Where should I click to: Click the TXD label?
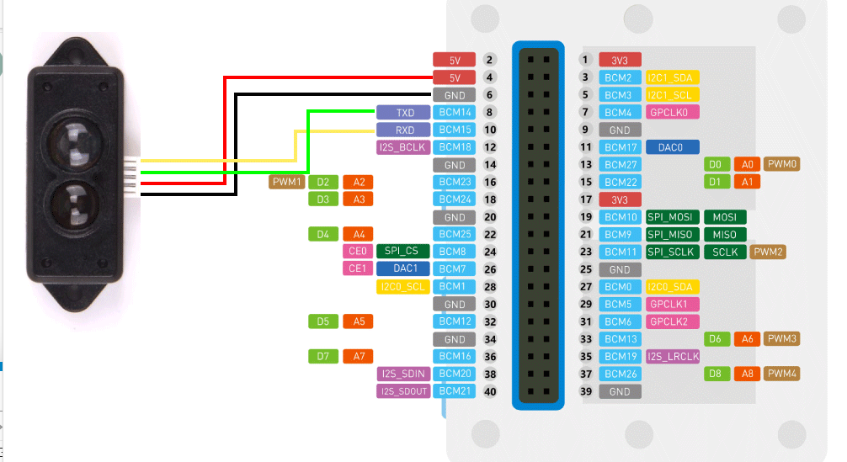pos(405,112)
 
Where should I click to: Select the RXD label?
pos(405,130)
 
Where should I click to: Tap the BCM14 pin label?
pos(455,112)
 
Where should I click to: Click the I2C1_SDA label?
pos(669,77)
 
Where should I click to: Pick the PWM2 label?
pos(769,252)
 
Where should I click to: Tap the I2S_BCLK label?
pos(402,147)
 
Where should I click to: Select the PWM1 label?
pos(286,182)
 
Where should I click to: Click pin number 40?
pos(490,390)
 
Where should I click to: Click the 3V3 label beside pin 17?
pos(620,199)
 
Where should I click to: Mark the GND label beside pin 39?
pos(620,391)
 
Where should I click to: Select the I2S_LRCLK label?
pos(673,356)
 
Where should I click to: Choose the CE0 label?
pos(358,251)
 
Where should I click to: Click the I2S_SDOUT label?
pos(402,390)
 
